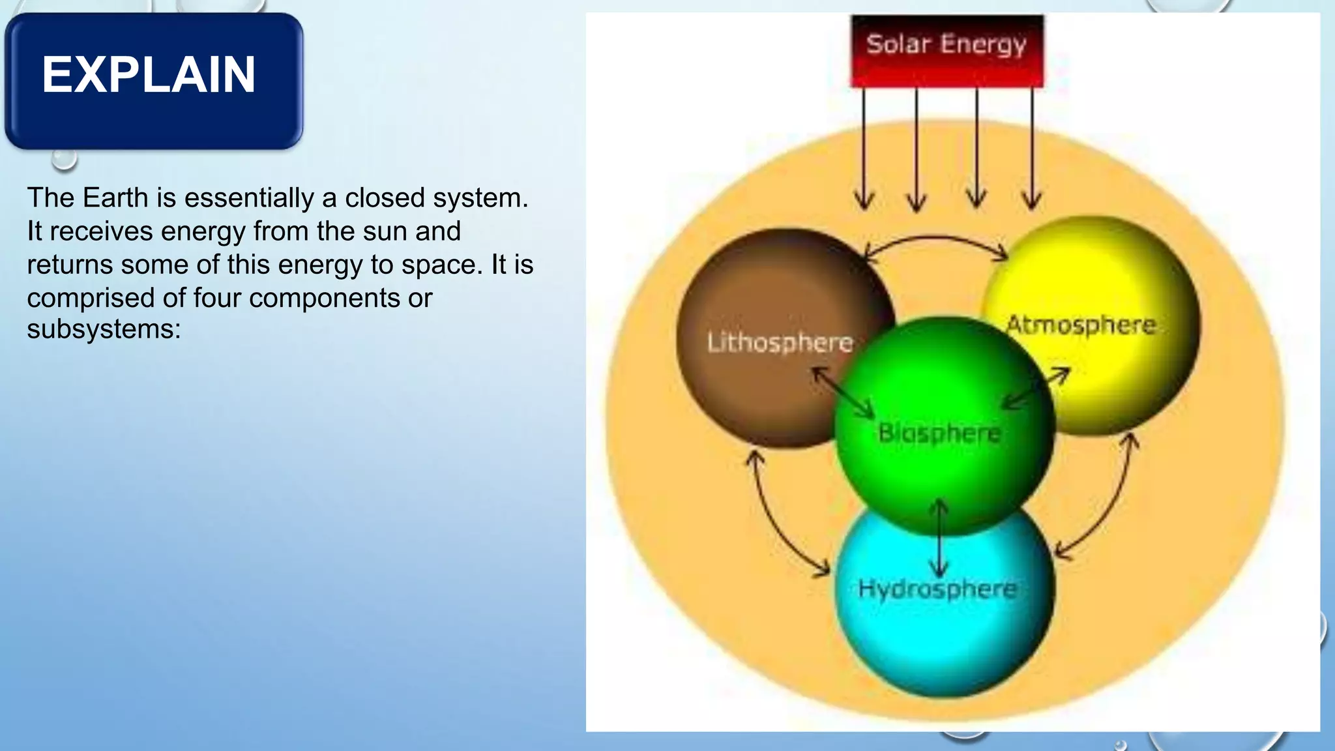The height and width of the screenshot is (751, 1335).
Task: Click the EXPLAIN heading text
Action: point(149,75)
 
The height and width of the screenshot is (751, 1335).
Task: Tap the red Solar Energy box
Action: point(946,51)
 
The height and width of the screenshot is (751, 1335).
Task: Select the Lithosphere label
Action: point(780,342)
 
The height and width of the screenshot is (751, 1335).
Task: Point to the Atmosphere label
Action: point(1081,325)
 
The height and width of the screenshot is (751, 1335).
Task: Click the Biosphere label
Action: point(939,432)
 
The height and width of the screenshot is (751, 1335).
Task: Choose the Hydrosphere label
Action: point(937,589)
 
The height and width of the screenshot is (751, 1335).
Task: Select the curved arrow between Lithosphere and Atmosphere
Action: point(935,239)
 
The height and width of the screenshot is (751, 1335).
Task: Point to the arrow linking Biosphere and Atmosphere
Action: point(1036,389)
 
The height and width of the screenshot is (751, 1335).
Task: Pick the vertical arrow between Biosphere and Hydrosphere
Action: point(939,538)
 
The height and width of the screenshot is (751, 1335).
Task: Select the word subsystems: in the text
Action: point(104,329)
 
